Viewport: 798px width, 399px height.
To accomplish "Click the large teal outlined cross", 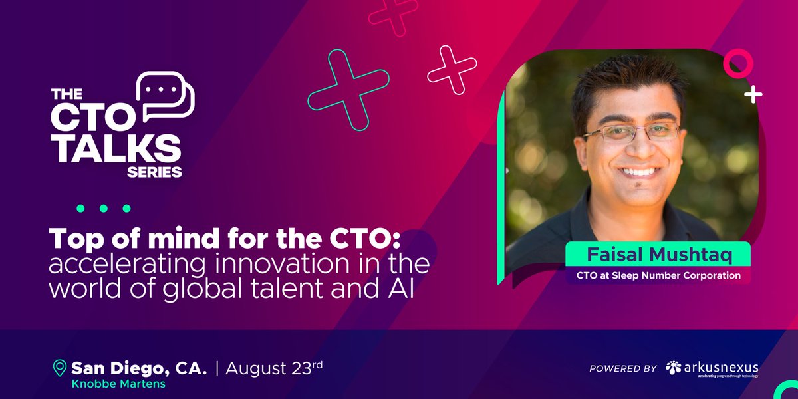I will [x=348, y=89].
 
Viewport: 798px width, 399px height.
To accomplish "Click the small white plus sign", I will [x=753, y=95].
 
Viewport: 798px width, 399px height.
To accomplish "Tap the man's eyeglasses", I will [x=631, y=131].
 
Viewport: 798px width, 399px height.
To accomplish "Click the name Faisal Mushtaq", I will [x=658, y=254].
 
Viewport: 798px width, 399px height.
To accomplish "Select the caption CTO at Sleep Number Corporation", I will [x=658, y=275].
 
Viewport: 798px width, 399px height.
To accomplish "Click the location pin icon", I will [x=60, y=368].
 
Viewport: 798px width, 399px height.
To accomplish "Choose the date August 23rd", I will [x=274, y=367].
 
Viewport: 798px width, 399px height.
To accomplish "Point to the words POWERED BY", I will [x=623, y=368].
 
